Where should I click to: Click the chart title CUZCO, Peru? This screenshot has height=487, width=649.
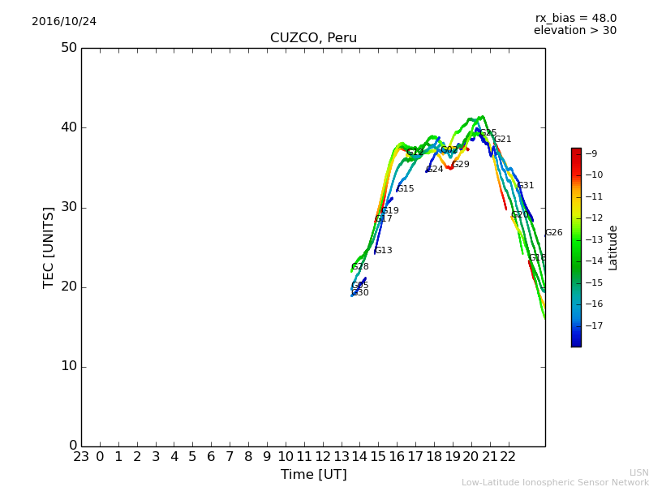click(313, 38)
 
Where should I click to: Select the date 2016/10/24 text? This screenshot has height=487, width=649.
click(64, 22)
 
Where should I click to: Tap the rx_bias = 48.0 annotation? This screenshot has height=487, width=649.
click(575, 19)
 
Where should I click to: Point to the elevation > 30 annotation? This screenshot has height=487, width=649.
click(574, 31)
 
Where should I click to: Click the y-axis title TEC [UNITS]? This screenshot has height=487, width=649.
click(49, 247)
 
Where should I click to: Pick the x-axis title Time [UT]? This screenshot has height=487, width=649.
click(313, 474)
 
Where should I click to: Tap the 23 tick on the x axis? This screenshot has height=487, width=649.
click(81, 457)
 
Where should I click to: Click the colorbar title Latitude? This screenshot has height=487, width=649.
click(613, 248)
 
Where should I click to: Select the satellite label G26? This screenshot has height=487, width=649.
click(553, 233)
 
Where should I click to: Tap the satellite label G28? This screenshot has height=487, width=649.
click(360, 267)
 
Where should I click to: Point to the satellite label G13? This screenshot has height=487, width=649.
click(384, 251)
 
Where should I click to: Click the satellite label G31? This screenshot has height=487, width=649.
click(526, 186)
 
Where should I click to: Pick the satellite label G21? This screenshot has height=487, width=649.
click(503, 140)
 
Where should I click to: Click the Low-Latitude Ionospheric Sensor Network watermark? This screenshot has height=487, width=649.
click(555, 483)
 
